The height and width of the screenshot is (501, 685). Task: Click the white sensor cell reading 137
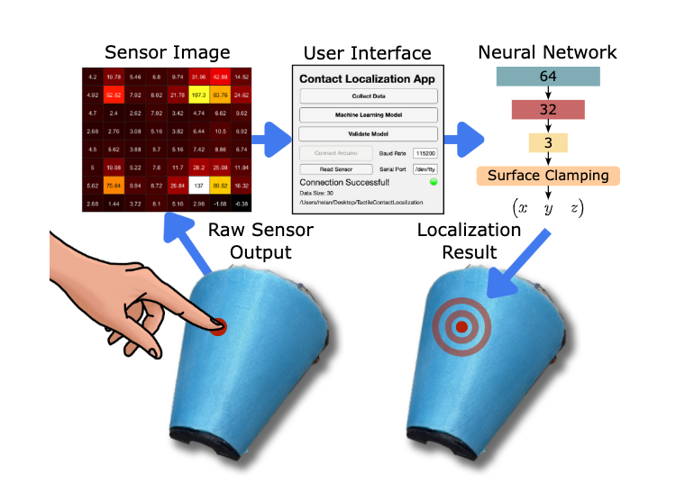(199, 186)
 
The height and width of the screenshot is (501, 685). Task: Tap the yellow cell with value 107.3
(199, 94)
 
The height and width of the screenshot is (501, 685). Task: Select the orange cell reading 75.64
(114, 186)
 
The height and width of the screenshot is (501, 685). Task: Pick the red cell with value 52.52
(114, 94)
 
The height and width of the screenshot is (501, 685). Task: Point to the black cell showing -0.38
(242, 204)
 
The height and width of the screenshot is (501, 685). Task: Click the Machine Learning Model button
(368, 114)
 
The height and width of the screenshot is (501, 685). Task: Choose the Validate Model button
(368, 133)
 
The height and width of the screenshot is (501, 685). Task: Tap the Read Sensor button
(333, 169)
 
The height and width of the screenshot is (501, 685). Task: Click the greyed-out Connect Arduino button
(333, 153)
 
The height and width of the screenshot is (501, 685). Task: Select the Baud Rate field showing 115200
(424, 153)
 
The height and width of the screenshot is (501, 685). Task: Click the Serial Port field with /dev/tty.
(424, 169)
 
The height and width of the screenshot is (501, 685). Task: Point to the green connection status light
(433, 181)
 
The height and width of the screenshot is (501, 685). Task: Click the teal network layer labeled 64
(547, 77)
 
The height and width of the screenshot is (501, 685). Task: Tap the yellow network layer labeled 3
(547, 142)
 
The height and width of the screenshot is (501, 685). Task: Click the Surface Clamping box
(547, 175)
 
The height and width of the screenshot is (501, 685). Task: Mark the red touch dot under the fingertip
(218, 325)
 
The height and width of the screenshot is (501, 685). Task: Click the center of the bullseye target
(461, 325)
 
